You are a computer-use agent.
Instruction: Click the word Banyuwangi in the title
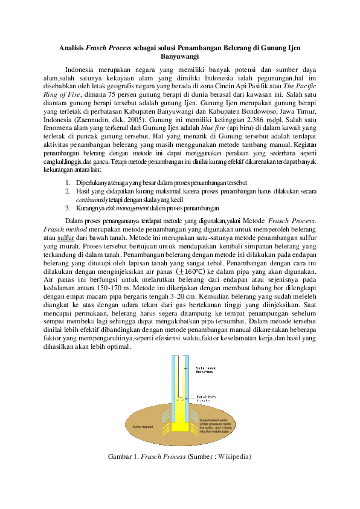(180, 56)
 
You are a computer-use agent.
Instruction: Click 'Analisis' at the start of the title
(72, 47)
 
